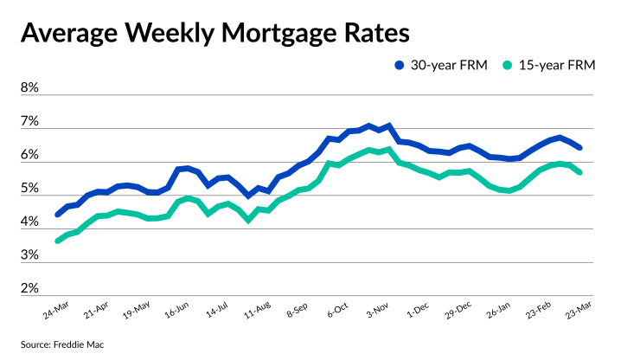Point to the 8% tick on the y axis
[x=29, y=88]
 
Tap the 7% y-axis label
[x=29, y=122]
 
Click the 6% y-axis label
[x=29, y=155]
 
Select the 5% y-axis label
[x=29, y=189]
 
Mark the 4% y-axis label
[x=29, y=222]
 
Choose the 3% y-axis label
[x=29, y=255]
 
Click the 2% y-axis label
[x=29, y=288]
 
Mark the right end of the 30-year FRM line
[x=579, y=148]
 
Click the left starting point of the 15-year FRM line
[x=58, y=241]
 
